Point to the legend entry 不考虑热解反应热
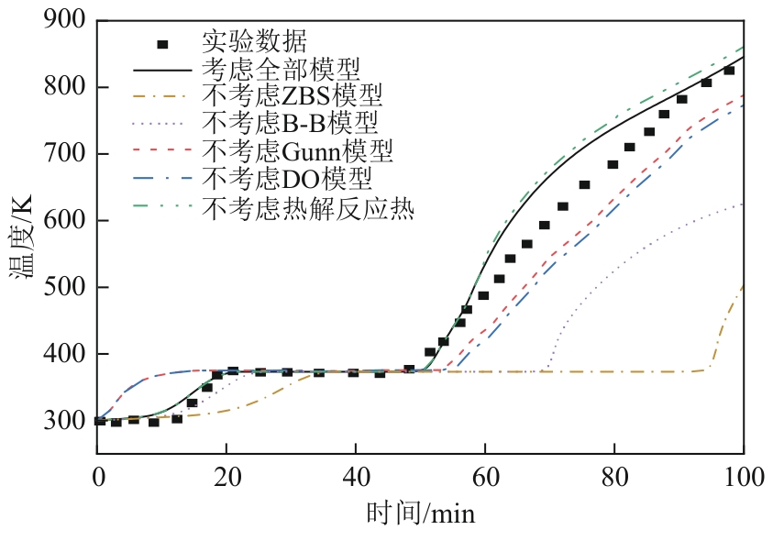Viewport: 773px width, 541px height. point(308,208)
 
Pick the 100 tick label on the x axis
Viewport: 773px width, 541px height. point(742,477)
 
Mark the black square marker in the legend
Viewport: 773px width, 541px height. point(163,43)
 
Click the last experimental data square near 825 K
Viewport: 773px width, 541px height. point(729,71)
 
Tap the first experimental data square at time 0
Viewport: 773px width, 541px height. point(100,421)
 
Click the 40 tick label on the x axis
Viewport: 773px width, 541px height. point(356,477)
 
